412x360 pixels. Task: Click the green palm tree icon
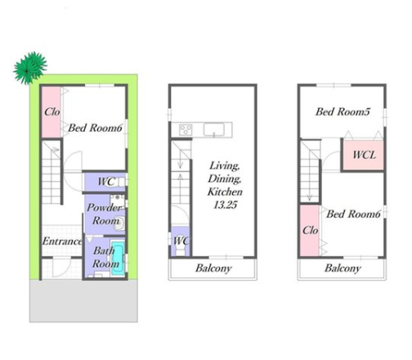[30, 68]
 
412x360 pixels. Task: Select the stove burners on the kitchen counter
[186, 129]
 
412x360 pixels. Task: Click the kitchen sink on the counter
[214, 129]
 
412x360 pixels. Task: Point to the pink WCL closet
[363, 155]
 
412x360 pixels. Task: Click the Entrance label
[62, 241]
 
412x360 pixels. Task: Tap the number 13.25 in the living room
[225, 205]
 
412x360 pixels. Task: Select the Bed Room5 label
[343, 111]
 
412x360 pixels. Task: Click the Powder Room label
[104, 214]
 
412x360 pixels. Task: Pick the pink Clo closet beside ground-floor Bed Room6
[51, 112]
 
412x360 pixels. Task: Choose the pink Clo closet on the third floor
[310, 231]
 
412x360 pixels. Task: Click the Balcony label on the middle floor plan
[213, 268]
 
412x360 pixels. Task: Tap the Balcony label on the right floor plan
[343, 268]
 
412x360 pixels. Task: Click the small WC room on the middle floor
[180, 241]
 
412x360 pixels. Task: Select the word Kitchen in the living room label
[225, 191]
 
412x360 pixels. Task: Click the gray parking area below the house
[83, 301]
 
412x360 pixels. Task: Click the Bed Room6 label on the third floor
[353, 214]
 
